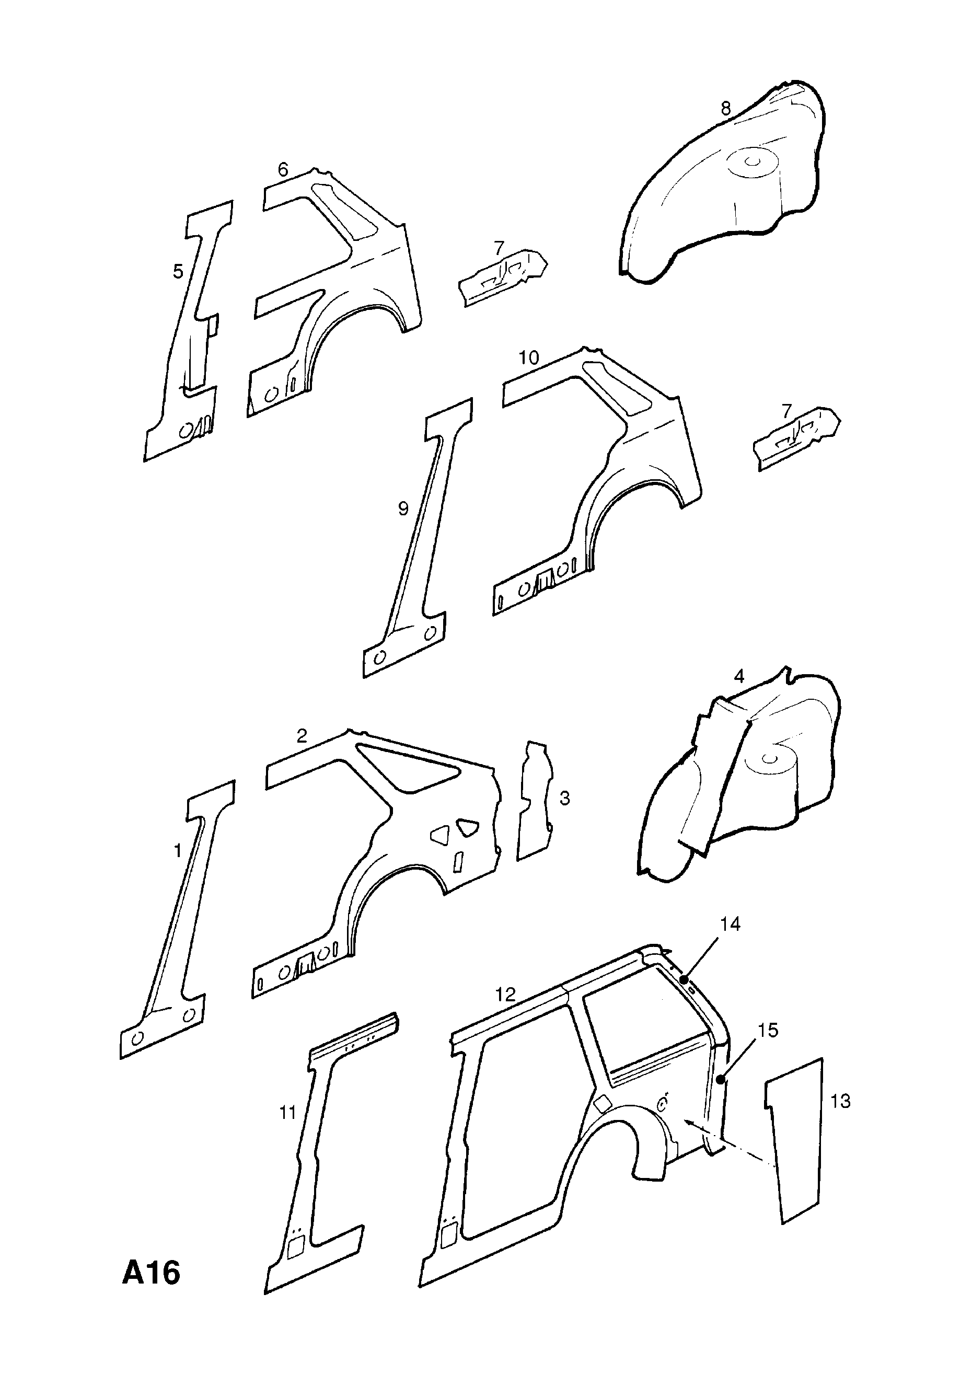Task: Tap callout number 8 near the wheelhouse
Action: coord(726,108)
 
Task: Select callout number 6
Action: coord(283,170)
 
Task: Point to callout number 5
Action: coord(178,272)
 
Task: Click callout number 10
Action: coord(529,357)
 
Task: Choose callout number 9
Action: coord(403,509)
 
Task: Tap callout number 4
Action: coord(739,676)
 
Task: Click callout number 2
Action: coord(302,736)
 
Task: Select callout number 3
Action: coord(565,798)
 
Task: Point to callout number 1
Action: coord(177,850)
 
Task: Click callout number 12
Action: coord(506,995)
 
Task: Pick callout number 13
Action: coord(841,1101)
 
